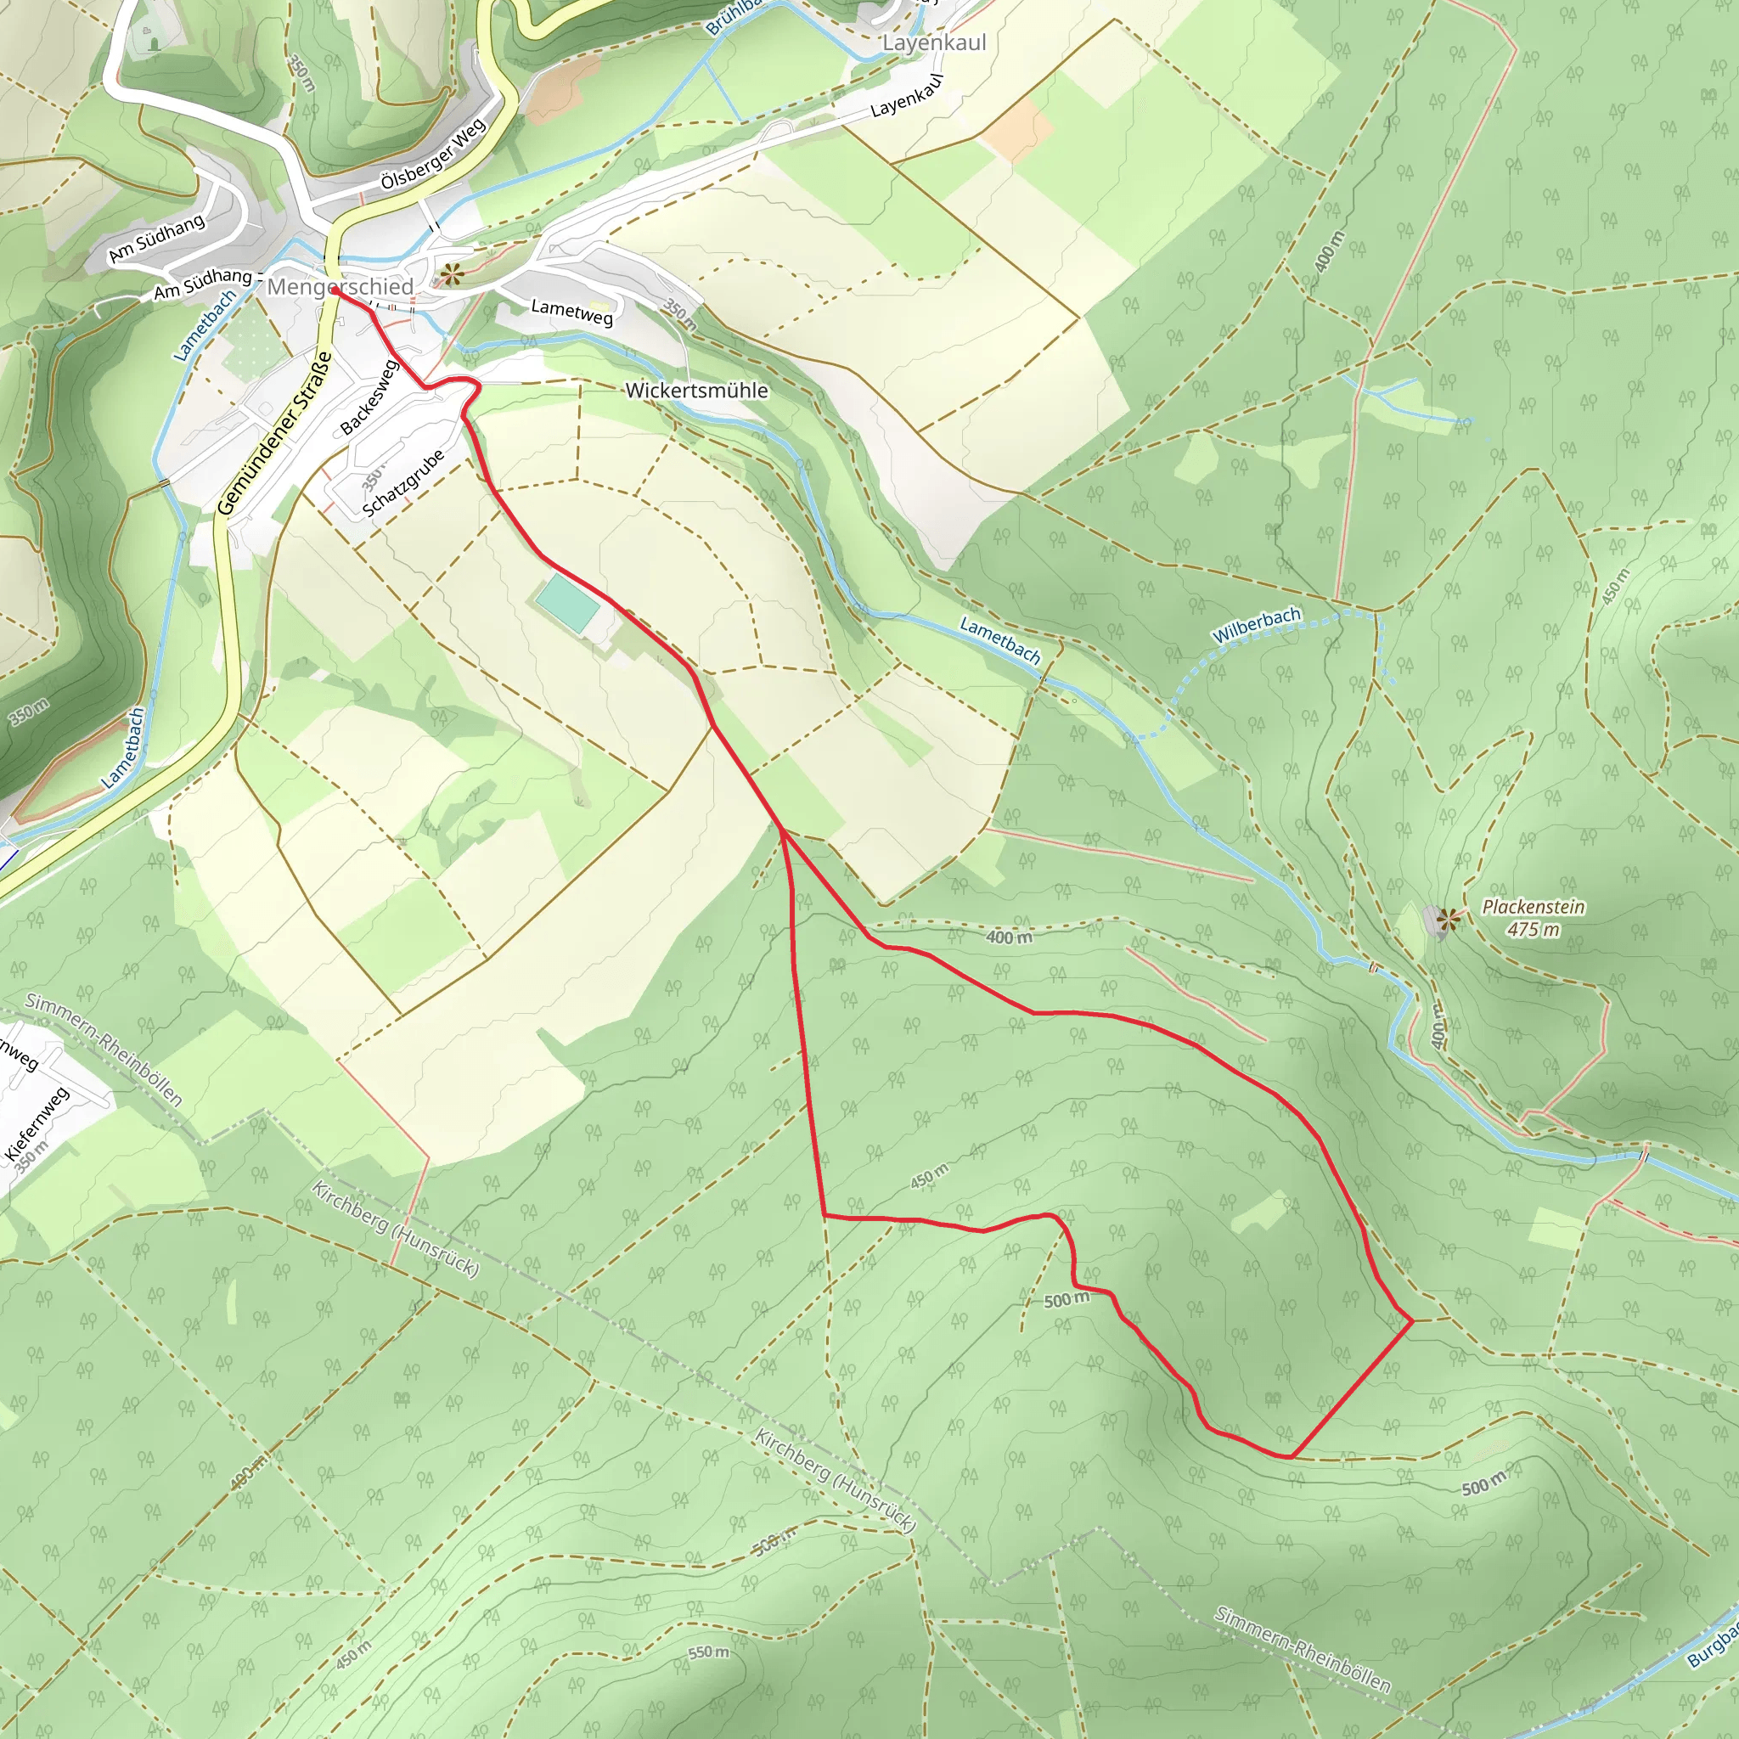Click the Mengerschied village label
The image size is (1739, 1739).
[x=340, y=286]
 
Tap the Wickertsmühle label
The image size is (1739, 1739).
[x=696, y=390]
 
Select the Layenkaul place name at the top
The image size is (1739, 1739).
[x=933, y=42]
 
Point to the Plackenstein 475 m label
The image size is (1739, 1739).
[x=1533, y=917]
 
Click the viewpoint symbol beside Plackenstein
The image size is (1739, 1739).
[x=1448, y=919]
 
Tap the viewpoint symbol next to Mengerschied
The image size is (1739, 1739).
[x=450, y=273]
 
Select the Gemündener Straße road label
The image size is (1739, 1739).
[x=274, y=435]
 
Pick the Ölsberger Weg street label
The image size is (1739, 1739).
[x=433, y=154]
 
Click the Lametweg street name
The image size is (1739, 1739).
[x=571, y=312]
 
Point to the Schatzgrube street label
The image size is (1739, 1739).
[x=403, y=482]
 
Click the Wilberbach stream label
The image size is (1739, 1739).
[x=1257, y=625]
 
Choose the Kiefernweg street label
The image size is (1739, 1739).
[x=37, y=1124]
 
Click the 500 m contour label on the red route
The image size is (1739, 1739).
[x=1066, y=1299]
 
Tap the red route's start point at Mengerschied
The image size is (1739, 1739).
[x=334, y=290]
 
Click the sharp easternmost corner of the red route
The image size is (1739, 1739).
[x=1412, y=1320]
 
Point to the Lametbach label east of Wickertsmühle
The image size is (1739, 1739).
[x=1000, y=639]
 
